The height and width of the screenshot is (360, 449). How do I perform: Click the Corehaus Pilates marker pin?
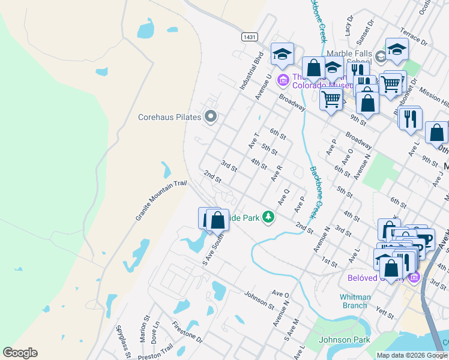210,117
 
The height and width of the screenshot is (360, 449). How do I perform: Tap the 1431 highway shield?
250,37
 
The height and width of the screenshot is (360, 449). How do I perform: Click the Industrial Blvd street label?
252,71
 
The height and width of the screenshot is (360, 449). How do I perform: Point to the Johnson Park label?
337,340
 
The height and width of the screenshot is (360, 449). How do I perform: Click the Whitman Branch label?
354,301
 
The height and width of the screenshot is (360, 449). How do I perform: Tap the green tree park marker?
270,218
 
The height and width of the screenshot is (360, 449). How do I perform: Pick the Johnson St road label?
259,300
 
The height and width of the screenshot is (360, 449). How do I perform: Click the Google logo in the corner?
20,353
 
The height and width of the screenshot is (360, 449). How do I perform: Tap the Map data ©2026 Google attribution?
412,355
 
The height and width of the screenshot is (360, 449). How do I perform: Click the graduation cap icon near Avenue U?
282,55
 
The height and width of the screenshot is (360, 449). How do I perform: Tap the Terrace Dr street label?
415,39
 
